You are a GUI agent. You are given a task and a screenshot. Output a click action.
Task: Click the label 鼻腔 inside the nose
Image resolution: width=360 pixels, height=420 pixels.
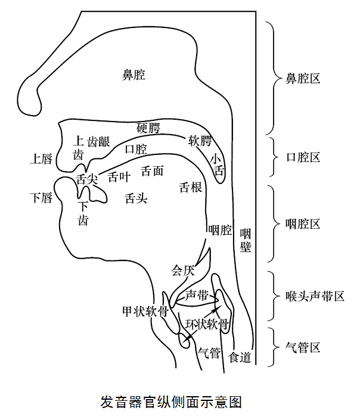click(134, 74)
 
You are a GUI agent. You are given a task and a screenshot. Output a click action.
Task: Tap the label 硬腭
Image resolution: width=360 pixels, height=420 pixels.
click(148, 127)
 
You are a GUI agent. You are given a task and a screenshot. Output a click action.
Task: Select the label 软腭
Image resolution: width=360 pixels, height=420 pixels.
click(200, 141)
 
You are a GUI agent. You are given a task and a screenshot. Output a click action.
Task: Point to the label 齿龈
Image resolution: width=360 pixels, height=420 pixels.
click(98, 142)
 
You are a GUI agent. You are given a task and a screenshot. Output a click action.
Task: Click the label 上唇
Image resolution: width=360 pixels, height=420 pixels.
click(41, 158)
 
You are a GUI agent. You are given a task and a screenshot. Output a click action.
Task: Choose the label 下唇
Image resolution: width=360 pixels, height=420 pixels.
click(41, 197)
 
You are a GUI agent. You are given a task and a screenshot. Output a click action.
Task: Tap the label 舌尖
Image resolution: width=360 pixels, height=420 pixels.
click(87, 179)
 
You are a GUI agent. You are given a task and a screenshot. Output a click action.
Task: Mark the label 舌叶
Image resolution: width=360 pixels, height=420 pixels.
click(119, 176)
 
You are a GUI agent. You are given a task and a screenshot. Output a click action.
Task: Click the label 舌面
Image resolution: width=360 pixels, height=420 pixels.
click(152, 171)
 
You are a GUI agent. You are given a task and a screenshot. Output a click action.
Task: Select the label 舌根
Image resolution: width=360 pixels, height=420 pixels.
click(190, 188)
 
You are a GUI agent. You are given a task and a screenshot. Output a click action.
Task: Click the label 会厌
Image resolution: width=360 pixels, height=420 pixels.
click(183, 270)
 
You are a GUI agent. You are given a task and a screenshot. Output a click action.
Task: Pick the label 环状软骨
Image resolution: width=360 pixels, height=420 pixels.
click(206, 325)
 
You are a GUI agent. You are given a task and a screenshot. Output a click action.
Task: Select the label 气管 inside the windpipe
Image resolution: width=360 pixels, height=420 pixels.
click(209, 352)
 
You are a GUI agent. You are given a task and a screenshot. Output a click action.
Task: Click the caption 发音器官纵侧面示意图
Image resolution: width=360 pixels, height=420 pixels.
click(172, 402)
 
